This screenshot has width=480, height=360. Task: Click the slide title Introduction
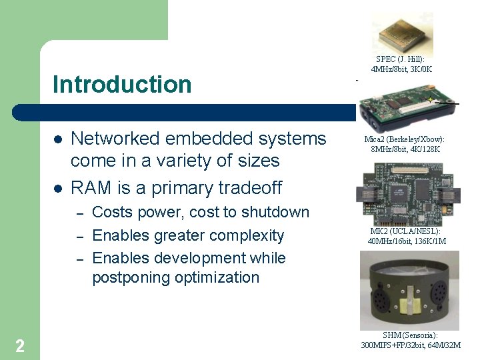[122, 85]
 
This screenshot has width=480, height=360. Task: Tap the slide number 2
[20, 345]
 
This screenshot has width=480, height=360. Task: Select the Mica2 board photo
[403, 108]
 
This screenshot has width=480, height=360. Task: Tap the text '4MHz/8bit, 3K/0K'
[401, 69]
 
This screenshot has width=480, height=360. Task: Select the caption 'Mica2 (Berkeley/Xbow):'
[404, 139]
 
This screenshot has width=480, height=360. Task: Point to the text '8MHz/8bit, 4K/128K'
[405, 149]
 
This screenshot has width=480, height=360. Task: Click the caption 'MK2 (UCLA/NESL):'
[405, 231]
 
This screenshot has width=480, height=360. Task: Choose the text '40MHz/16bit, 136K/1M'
[407, 241]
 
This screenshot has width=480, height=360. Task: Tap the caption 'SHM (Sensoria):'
[410, 335]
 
